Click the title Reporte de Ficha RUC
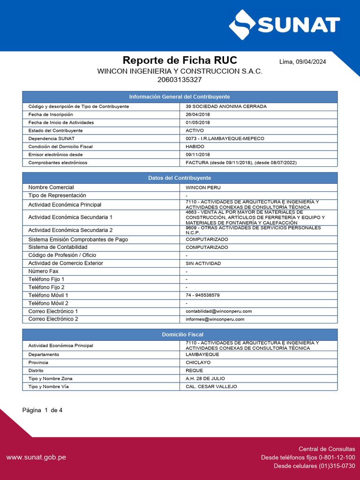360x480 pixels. [180, 60]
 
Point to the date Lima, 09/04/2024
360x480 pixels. [302, 62]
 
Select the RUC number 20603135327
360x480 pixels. [180, 80]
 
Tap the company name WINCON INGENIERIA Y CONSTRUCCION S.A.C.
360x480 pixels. [180, 71]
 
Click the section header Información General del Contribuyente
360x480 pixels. [180, 97]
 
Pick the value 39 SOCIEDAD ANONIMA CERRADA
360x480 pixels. [226, 106]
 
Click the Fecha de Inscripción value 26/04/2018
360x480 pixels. [198, 114]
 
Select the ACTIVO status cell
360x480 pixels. [195, 130]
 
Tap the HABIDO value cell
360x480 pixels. [195, 147]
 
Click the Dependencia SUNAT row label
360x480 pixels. [52, 139]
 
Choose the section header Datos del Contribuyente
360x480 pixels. [180, 178]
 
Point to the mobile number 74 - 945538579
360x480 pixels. [202, 295]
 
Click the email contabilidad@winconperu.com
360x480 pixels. [218, 311]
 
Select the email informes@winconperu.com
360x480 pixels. [215, 319]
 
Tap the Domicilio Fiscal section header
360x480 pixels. [180, 335]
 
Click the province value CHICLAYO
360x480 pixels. [198, 362]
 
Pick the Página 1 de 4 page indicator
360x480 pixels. [42, 410]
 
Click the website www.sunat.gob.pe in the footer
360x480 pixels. [36, 457]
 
